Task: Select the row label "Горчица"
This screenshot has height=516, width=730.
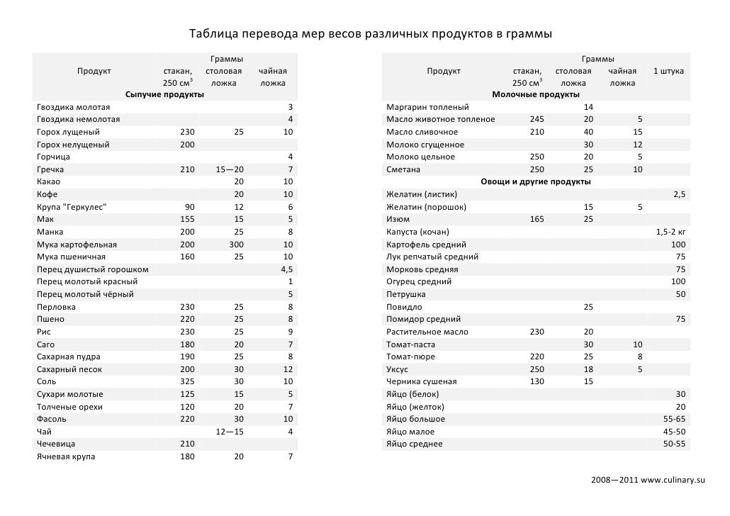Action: click(x=54, y=157)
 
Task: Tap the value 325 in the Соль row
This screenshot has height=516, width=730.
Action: click(x=186, y=381)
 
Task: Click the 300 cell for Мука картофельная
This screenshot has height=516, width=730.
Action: click(x=234, y=245)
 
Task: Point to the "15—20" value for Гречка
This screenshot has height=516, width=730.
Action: click(x=230, y=169)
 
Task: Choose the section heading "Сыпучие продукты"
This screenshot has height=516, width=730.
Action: click(x=165, y=94)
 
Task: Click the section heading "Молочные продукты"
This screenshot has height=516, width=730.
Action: click(x=535, y=94)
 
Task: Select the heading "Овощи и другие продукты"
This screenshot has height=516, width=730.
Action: click(x=535, y=182)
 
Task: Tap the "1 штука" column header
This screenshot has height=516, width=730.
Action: click(x=668, y=71)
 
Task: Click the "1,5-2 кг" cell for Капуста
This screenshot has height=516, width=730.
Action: click(x=670, y=232)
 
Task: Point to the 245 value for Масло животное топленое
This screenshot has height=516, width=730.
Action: click(x=537, y=119)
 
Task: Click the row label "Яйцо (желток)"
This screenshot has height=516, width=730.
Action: click(x=415, y=407)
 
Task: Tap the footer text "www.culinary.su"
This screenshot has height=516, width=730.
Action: click(x=673, y=481)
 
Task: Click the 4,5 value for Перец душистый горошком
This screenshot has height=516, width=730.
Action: click(x=286, y=269)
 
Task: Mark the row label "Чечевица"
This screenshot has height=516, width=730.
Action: click(x=56, y=444)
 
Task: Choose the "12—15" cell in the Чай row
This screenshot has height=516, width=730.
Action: click(x=230, y=432)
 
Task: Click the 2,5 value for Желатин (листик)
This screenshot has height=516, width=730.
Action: click(x=679, y=194)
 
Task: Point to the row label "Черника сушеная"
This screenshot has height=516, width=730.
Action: click(x=421, y=381)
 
